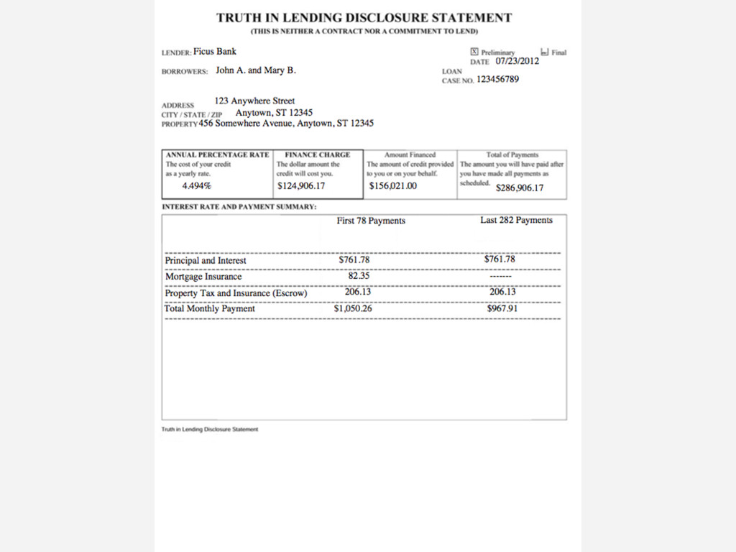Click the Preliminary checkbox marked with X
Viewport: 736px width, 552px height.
pyautogui.click(x=474, y=52)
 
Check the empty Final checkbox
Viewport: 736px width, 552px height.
pyautogui.click(x=545, y=52)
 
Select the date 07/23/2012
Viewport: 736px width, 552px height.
pyautogui.click(x=517, y=61)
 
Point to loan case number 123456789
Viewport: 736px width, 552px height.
pyautogui.click(x=497, y=79)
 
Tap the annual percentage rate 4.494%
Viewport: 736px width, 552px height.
pyautogui.click(x=197, y=186)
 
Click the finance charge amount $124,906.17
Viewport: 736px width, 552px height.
pyautogui.click(x=301, y=186)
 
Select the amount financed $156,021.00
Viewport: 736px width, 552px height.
pyautogui.click(x=392, y=186)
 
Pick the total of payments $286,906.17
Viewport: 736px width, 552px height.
pyautogui.click(x=520, y=188)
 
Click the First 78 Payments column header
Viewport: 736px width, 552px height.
pyautogui.click(x=371, y=221)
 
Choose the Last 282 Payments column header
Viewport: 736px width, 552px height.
pyautogui.click(x=516, y=220)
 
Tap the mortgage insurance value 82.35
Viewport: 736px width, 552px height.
pyautogui.click(x=359, y=275)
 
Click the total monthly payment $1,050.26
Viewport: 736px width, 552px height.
pyautogui.click(x=353, y=308)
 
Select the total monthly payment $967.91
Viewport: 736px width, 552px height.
pyautogui.click(x=502, y=308)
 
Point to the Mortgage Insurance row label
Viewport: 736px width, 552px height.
pyautogui.click(x=203, y=277)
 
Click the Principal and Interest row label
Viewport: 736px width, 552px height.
pyautogui.click(x=206, y=260)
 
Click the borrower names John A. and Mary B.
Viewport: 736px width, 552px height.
pyautogui.click(x=256, y=70)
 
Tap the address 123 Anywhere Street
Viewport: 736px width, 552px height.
pyautogui.click(x=254, y=101)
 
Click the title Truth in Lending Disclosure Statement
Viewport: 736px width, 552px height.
pyautogui.click(x=364, y=18)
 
